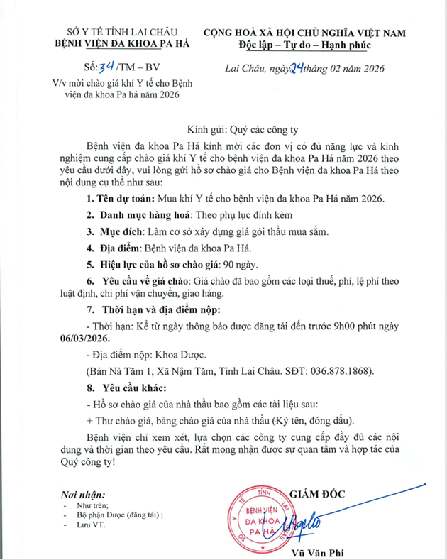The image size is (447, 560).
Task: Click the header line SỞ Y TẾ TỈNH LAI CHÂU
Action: [118, 32]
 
